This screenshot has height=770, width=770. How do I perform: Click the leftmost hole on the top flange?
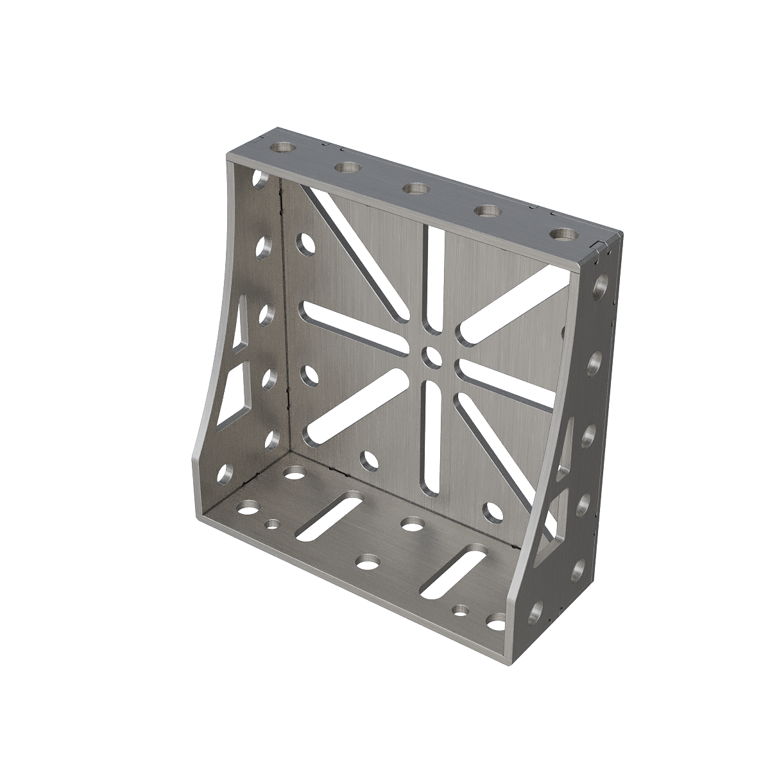pos(282,148)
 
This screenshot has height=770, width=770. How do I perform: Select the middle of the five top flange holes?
pos(416,189)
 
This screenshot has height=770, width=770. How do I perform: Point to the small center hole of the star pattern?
pos(429,354)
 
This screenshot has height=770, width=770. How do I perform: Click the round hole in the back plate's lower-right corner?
pos(493,511)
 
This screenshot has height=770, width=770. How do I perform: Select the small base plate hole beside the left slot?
pos(274,524)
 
